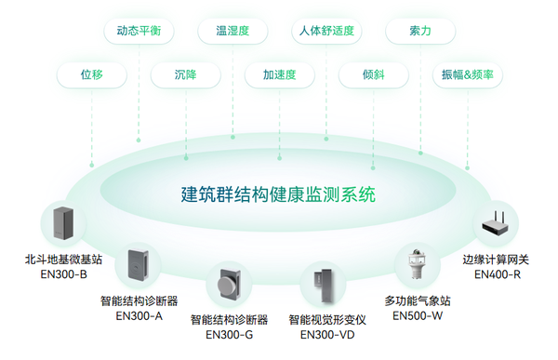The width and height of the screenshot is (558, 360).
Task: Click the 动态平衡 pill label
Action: (x=139, y=31)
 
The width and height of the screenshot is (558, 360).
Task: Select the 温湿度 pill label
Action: (x=232, y=31)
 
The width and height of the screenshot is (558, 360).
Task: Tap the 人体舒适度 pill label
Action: (x=325, y=31)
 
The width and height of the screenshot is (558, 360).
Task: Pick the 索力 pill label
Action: (x=419, y=31)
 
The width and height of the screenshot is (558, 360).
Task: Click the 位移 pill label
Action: (x=91, y=74)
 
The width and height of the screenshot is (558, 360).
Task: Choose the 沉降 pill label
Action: (x=185, y=74)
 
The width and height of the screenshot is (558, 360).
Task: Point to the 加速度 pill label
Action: (x=278, y=74)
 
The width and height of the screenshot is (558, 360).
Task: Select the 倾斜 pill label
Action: (x=373, y=74)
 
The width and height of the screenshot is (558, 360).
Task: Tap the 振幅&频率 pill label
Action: (x=468, y=74)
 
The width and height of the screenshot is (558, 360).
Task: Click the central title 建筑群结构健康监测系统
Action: (x=278, y=195)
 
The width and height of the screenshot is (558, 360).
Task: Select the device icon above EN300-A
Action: (x=139, y=267)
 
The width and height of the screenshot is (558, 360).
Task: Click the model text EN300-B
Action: (x=64, y=274)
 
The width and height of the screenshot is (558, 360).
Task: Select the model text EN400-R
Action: (x=497, y=274)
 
